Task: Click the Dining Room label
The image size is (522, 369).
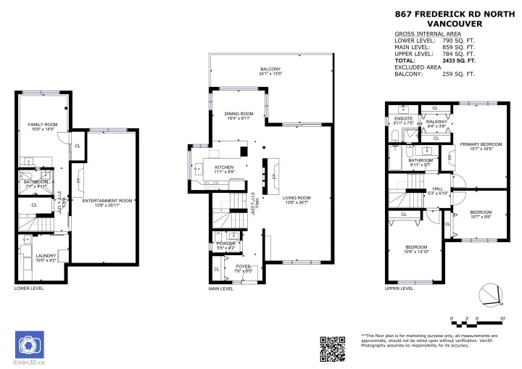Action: click(239, 115)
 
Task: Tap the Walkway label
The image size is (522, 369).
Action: click(435, 123)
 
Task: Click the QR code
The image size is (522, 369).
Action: click(332, 349)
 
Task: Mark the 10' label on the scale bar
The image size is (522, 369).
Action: click(502, 318)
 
